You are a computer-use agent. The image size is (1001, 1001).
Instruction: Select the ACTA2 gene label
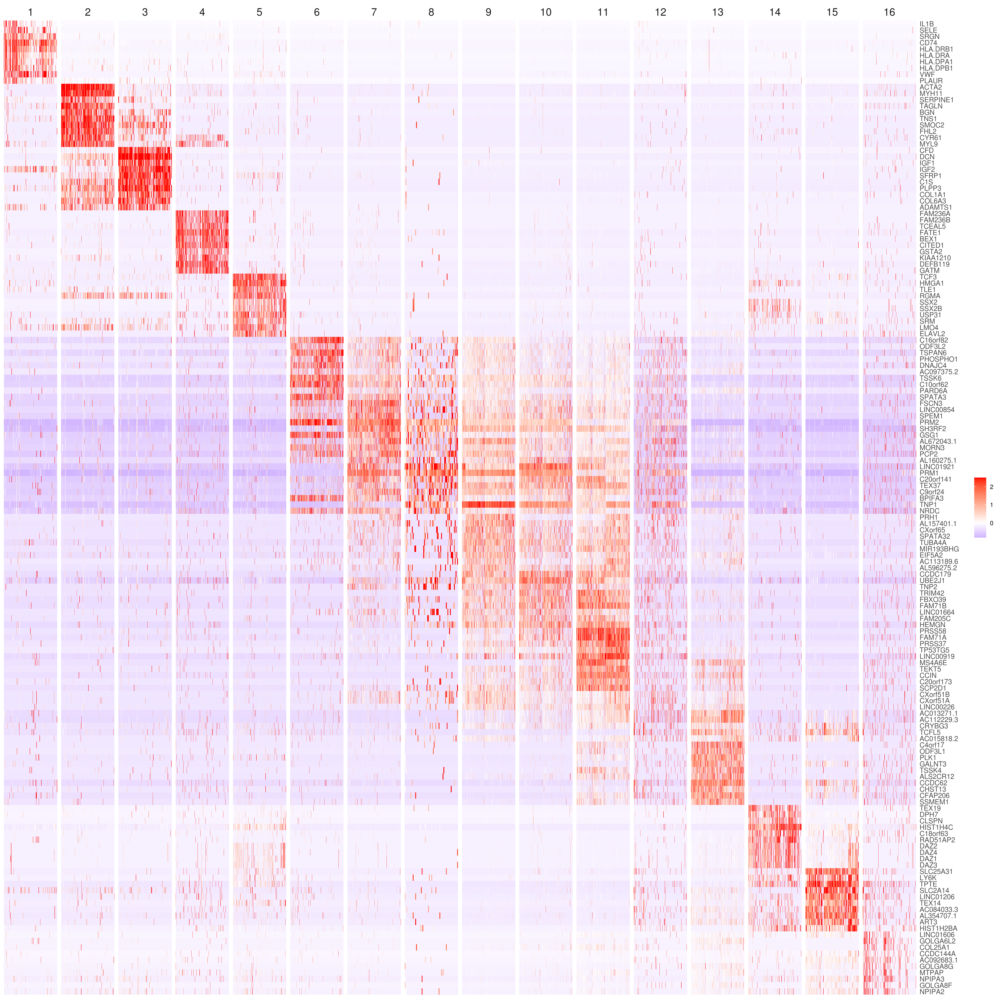pyautogui.click(x=931, y=87)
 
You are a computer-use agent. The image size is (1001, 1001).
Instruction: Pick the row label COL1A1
pyautogui.click(x=933, y=195)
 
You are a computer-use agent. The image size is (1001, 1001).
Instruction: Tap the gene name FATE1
pyautogui.click(x=930, y=233)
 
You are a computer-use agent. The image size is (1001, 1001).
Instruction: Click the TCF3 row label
pyautogui.click(x=928, y=277)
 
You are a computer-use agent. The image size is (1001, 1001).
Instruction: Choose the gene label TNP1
pyautogui.click(x=928, y=505)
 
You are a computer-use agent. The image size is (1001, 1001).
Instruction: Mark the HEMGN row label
pyautogui.click(x=932, y=625)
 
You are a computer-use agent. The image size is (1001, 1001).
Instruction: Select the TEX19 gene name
pyautogui.click(x=930, y=808)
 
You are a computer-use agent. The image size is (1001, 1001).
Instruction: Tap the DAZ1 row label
pyautogui.click(x=928, y=859)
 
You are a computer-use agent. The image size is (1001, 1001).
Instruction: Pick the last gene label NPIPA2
pyautogui.click(x=932, y=992)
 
